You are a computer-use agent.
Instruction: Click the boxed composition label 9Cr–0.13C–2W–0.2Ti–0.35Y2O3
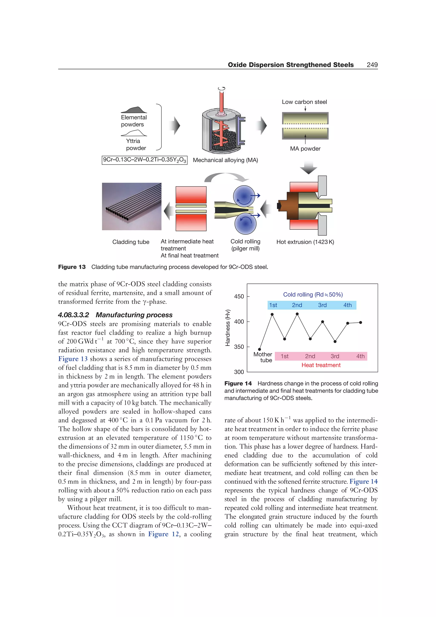point(145,160)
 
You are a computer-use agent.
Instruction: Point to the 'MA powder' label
point(305,149)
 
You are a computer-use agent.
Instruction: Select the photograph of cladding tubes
point(132,206)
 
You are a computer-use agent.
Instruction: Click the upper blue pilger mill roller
point(244,196)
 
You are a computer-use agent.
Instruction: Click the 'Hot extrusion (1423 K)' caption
point(305,242)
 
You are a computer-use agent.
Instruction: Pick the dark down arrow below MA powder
point(308,168)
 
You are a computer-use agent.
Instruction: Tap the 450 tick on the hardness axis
point(239,296)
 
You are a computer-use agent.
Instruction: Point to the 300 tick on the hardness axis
point(239,372)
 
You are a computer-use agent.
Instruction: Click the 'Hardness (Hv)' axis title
point(228,328)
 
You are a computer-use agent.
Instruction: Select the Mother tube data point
point(260,349)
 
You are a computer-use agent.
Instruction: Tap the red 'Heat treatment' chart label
point(321,365)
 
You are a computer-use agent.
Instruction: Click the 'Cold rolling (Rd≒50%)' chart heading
point(313,294)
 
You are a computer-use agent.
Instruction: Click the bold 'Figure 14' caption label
point(238,383)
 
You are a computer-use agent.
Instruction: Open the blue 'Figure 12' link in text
point(163,534)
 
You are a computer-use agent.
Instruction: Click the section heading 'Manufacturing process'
point(134,315)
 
